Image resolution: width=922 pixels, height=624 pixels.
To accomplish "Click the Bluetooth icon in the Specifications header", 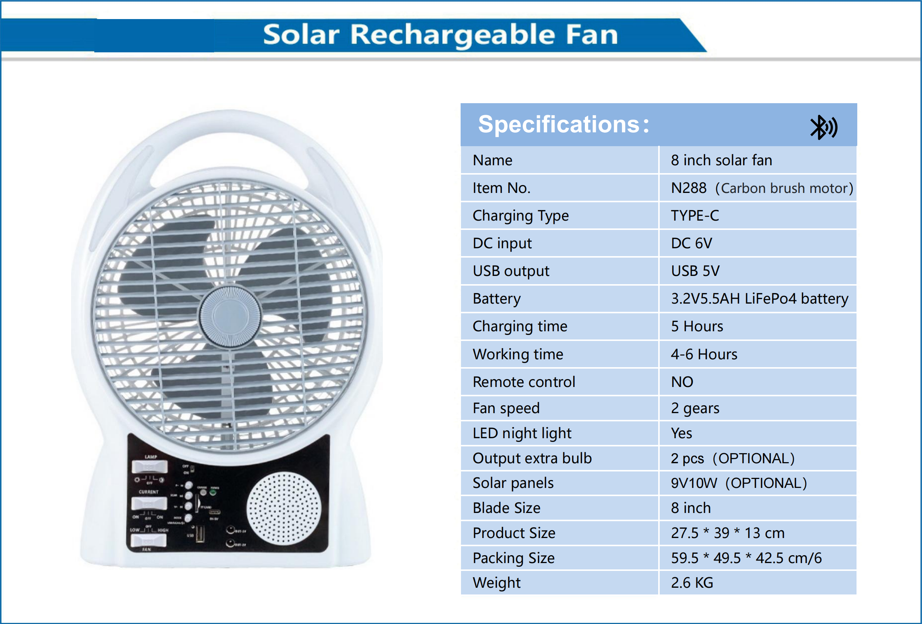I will pos(823,127).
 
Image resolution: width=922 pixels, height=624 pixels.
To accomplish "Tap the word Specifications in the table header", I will pos(559,125).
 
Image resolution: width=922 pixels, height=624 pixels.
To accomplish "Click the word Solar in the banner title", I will pos(301,35).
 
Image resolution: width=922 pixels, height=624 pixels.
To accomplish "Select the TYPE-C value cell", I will pos(694,216).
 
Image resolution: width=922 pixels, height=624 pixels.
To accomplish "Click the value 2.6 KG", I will pos(692,583).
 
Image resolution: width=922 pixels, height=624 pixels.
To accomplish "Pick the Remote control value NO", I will pos(682,382).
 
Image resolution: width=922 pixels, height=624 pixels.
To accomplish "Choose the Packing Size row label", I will pos(513,558).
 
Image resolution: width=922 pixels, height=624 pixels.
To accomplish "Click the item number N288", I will pos(689,188).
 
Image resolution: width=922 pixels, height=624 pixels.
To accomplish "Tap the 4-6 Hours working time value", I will pos(704,354).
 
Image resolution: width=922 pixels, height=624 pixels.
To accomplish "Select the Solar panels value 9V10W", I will pos(694,483).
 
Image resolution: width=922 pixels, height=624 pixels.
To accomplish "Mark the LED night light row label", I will pos(522,433).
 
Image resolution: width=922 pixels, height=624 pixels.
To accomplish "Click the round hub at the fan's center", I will pos(230,317).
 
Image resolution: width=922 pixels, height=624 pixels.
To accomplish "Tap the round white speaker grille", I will pos(283,508).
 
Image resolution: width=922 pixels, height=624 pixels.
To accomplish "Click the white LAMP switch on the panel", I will pos(150,467).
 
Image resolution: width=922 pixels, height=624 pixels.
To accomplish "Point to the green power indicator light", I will pos(213,492).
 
